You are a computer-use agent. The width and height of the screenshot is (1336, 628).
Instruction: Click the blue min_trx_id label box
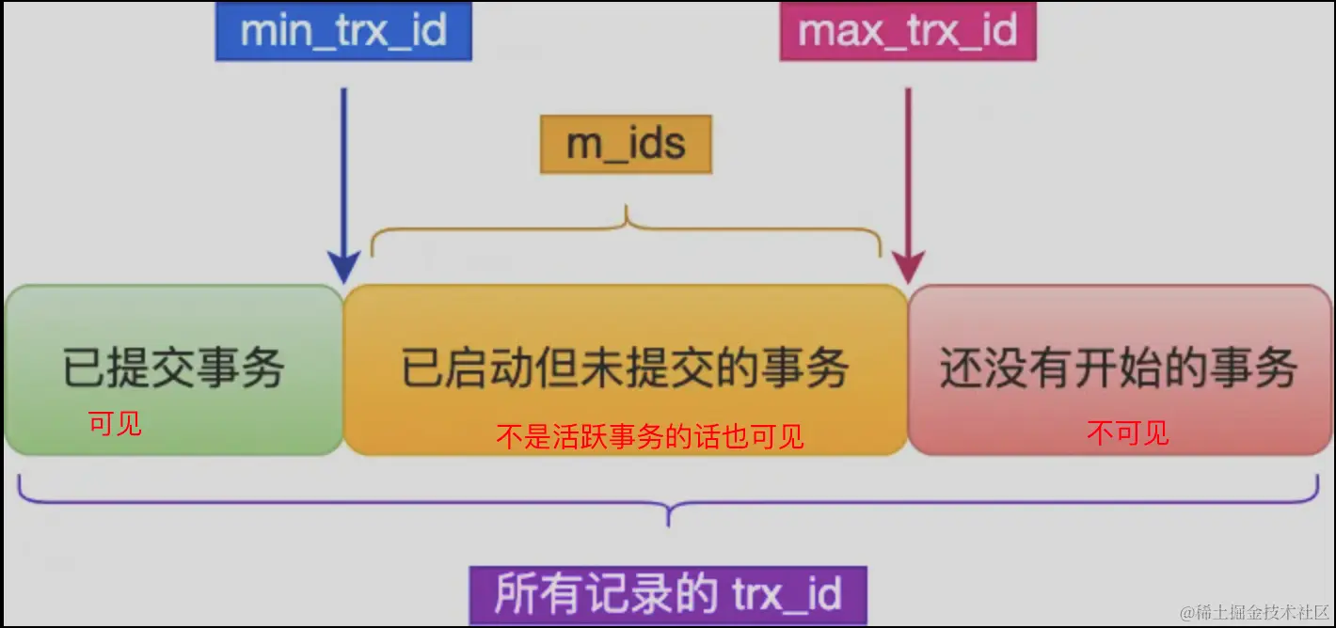pos(343,32)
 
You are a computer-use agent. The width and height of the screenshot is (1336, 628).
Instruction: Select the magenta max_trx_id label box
pos(908,32)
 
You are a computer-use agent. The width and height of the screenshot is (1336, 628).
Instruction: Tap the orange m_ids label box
pos(626,145)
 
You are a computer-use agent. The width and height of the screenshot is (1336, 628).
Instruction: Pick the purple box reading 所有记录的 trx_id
pos(667,594)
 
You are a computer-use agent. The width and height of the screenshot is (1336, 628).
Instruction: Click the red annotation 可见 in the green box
pos(115,424)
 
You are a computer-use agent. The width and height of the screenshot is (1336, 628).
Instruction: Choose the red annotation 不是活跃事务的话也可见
pos(650,436)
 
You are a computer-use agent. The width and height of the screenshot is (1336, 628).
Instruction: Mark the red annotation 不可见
pos(1127,433)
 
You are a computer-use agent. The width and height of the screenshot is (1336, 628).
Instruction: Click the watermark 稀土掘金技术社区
pos(1256,611)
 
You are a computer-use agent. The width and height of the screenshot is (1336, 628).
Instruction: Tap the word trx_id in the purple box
pos(785,594)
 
